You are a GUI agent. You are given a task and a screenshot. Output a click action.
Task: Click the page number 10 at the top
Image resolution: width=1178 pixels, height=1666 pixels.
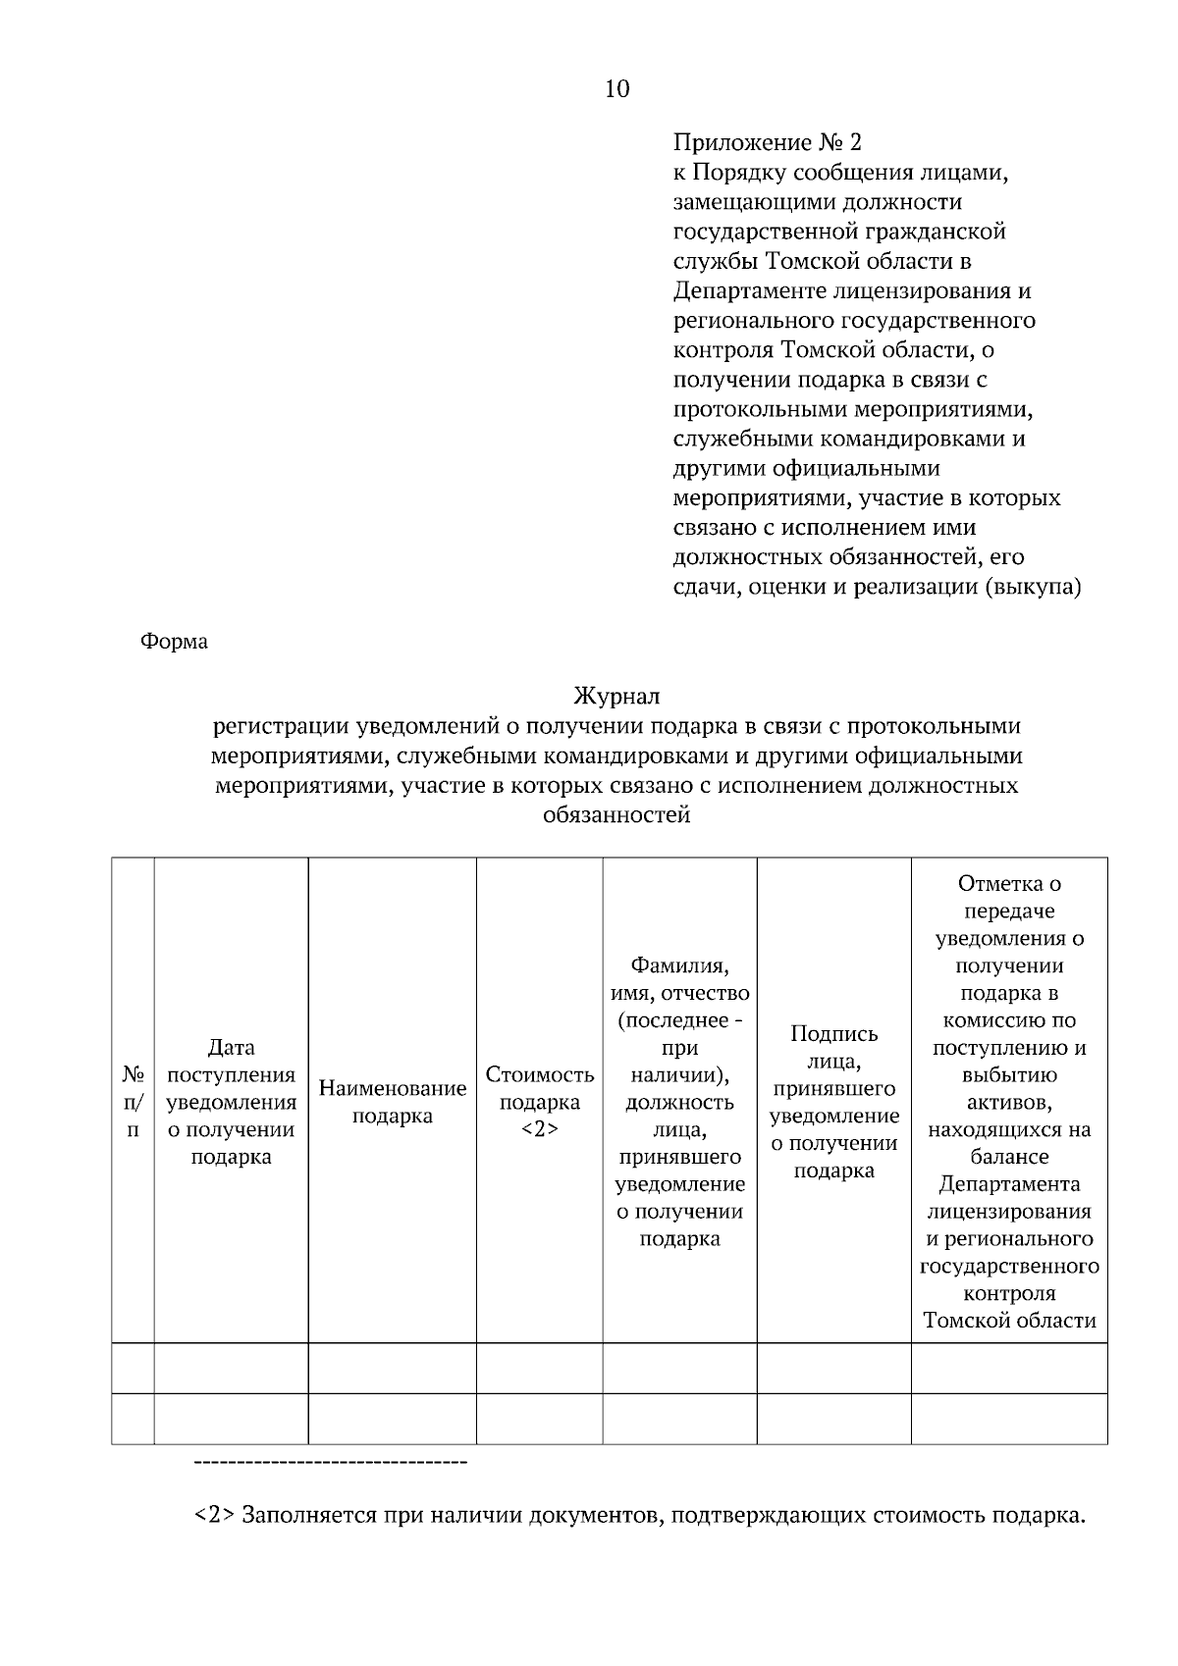pyautogui.click(x=617, y=89)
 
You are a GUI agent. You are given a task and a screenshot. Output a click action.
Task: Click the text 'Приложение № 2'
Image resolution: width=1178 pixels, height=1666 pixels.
pyautogui.click(x=767, y=143)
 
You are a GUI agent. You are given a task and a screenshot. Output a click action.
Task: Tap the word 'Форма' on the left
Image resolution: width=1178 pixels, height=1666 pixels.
pyautogui.click(x=174, y=642)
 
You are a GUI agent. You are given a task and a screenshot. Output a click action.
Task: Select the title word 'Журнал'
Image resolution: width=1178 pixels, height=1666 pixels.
pyautogui.click(x=616, y=697)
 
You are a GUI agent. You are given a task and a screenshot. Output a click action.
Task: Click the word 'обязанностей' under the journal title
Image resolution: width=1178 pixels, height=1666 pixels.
pyautogui.click(x=616, y=814)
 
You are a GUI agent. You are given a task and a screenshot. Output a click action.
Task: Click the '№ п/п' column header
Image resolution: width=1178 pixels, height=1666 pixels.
pyautogui.click(x=133, y=1101)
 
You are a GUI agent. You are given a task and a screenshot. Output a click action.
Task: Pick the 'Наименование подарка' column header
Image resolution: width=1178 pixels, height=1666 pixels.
pyautogui.click(x=393, y=1101)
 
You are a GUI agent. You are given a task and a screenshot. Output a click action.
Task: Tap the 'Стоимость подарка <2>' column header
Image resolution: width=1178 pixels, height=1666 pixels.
pyautogui.click(x=540, y=1101)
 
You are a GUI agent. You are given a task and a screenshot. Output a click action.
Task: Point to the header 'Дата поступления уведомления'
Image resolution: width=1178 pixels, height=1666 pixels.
pyautogui.click(x=231, y=1101)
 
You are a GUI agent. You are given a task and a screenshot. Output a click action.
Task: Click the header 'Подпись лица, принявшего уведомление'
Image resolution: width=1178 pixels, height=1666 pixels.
pyautogui.click(x=834, y=1101)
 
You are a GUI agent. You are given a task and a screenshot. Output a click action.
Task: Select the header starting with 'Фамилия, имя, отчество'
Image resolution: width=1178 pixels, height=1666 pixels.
pyautogui.click(x=679, y=1101)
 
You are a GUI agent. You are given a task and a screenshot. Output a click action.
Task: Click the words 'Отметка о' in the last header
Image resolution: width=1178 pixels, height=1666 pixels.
pyautogui.click(x=1009, y=883)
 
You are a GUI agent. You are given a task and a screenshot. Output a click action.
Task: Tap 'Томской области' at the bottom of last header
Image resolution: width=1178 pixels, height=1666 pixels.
pyautogui.click(x=1009, y=1320)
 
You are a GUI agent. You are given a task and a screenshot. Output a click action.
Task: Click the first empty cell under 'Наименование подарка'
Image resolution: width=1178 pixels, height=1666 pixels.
pyautogui.click(x=393, y=1368)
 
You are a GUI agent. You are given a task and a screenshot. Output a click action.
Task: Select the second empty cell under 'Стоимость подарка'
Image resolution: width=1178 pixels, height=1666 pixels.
pyautogui.click(x=540, y=1419)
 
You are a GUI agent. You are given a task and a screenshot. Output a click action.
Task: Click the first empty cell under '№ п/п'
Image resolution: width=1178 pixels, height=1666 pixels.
pyautogui.click(x=133, y=1368)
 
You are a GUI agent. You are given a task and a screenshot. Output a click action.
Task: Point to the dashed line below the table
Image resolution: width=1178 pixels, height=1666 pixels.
pyautogui.click(x=331, y=1464)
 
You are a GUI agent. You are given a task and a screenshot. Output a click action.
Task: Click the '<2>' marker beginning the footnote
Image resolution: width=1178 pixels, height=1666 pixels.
pyautogui.click(x=213, y=1515)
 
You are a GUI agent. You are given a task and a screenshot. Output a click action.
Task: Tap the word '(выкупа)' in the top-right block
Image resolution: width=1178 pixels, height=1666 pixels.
pyautogui.click(x=1039, y=587)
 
